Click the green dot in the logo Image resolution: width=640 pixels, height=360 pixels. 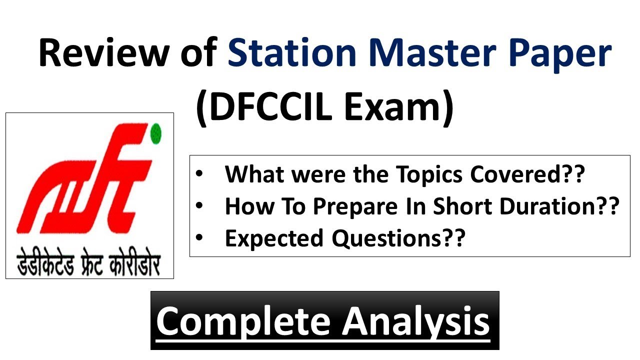[156, 133]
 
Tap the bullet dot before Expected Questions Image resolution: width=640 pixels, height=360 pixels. [200, 239]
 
